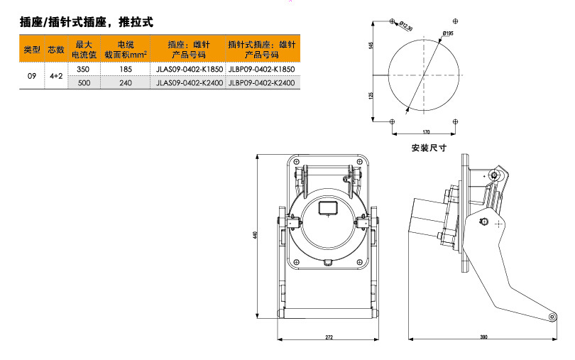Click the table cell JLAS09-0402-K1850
[190, 69]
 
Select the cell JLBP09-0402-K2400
[262, 83]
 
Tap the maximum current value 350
[83, 69]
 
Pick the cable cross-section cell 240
[126, 83]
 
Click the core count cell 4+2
[56, 76]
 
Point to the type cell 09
[32, 76]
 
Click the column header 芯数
[56, 49]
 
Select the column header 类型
[32, 49]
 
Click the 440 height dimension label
[255, 235]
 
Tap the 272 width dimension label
[329, 337]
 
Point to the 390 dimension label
[483, 337]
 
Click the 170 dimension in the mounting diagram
[426, 132]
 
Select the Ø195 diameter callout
[448, 33]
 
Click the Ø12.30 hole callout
[406, 26]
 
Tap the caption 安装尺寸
[429, 148]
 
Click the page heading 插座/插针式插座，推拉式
[86, 22]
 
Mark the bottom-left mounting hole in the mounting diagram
[392, 121]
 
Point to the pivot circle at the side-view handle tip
[552, 317]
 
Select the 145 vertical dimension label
[371, 45]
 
